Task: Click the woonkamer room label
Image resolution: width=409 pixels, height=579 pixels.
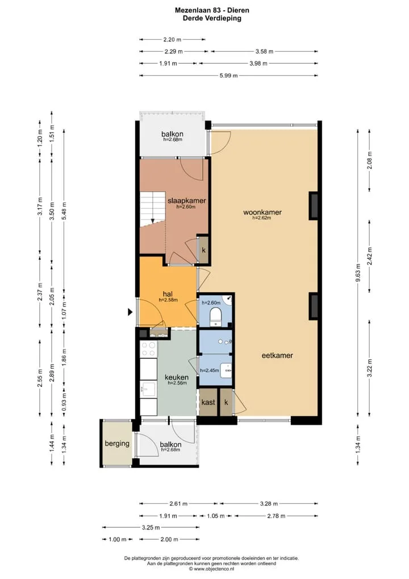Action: click(262, 212)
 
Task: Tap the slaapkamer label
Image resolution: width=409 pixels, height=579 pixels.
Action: click(187, 201)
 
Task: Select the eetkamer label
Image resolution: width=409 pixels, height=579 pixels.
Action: click(277, 355)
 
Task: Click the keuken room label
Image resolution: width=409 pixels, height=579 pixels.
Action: click(177, 378)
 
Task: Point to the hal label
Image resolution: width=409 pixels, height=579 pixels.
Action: click(168, 294)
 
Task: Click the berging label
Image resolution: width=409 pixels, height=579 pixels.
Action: click(117, 444)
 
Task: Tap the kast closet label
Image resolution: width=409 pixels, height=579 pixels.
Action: click(208, 402)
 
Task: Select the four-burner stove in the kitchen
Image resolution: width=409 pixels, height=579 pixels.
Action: click(148, 349)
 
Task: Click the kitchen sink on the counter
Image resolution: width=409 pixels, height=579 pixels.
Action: click(148, 389)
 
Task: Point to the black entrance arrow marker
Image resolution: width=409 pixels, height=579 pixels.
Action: click(130, 312)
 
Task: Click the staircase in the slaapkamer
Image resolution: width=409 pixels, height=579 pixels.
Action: click(152, 209)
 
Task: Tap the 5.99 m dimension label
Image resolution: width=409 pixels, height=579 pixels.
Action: click(229, 76)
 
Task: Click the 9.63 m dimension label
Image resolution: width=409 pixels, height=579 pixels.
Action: click(358, 272)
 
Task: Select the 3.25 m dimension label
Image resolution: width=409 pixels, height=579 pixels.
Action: click(151, 527)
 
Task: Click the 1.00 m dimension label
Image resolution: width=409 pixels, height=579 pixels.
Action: click(118, 540)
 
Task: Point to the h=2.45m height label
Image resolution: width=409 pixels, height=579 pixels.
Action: click(210, 370)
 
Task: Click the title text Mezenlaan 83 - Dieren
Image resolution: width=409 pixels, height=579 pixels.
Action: click(212, 10)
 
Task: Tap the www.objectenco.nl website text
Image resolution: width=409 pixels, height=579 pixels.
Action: click(214, 569)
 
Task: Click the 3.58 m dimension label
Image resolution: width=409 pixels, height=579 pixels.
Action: click(265, 51)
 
